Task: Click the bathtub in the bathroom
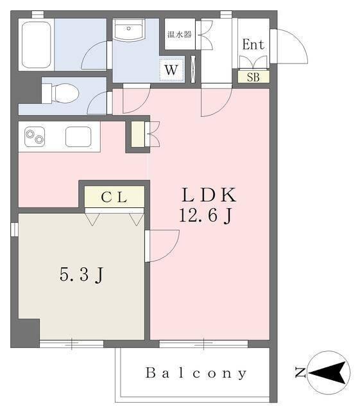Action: [36, 45]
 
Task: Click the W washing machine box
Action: [171, 69]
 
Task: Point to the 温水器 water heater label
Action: [179, 35]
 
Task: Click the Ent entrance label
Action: [253, 45]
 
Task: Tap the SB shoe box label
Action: [253, 77]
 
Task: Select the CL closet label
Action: [114, 197]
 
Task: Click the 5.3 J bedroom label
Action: [81, 275]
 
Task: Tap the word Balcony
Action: [196, 373]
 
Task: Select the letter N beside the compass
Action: [299, 372]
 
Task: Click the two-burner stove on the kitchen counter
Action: [35, 137]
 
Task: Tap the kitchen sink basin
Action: [78, 137]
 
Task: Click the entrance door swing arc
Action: [287, 46]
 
